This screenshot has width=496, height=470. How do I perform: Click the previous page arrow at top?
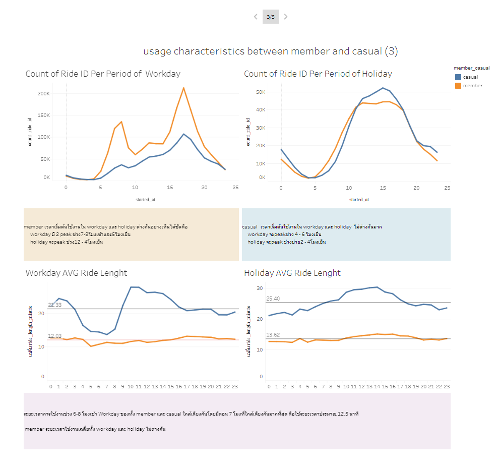[256, 17]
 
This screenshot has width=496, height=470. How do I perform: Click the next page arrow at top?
[286, 17]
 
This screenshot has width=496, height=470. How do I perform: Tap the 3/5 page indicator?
[271, 17]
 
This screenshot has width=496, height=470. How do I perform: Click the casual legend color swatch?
[458, 77]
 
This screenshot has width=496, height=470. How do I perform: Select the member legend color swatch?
[458, 86]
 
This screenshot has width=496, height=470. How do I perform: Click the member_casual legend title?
[471, 68]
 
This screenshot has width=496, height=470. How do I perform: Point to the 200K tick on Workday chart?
[43, 94]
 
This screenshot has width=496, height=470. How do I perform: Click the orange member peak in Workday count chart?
[183, 88]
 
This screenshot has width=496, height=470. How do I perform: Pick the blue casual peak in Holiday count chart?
[383, 88]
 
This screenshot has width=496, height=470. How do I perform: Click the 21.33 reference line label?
[54, 305]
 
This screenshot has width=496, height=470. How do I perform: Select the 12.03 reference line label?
[54, 336]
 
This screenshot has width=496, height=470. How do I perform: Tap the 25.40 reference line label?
[273, 299]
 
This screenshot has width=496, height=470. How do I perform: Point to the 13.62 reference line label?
[273, 335]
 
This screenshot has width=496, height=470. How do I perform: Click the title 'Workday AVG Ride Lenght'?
[76, 273]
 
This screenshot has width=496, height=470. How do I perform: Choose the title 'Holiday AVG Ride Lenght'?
[292, 273]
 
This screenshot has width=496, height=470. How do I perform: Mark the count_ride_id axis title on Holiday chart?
[248, 132]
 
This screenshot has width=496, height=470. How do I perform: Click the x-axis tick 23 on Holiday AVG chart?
[447, 387]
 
